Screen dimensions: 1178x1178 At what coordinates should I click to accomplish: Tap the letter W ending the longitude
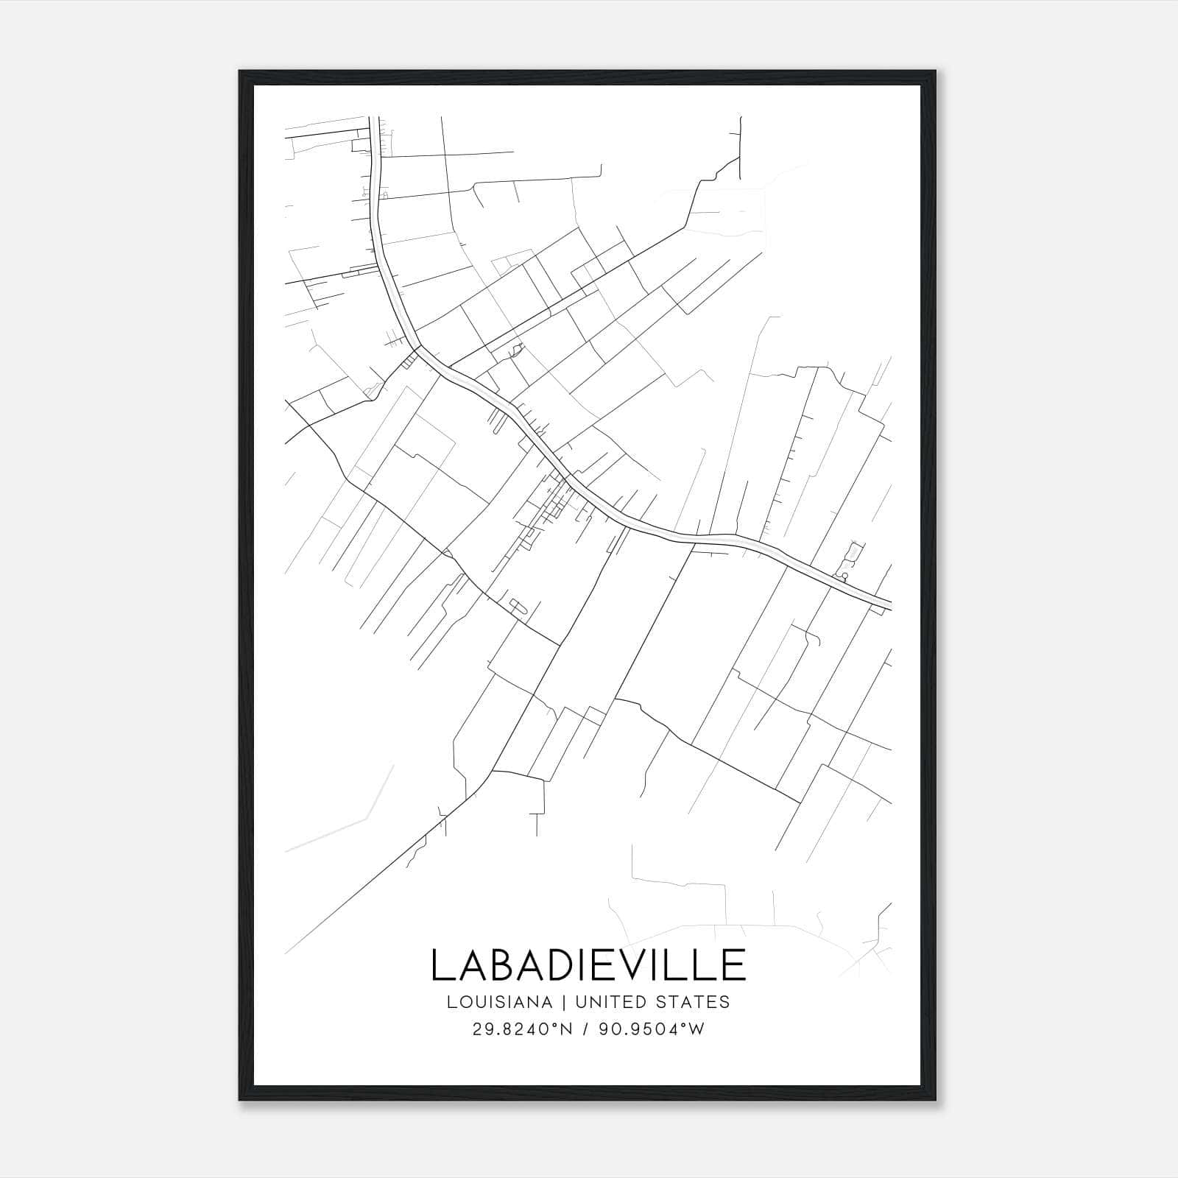tap(697, 1029)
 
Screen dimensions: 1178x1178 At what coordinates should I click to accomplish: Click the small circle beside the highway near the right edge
tap(844, 576)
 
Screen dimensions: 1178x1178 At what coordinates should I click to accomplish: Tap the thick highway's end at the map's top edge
tap(373, 118)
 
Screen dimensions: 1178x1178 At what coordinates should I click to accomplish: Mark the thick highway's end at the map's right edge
tap(889, 605)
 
